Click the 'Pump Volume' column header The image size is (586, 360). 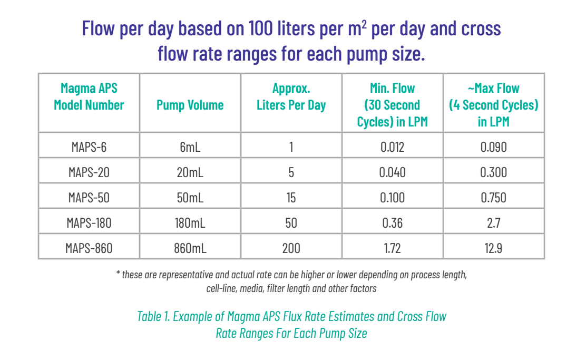(x=190, y=105)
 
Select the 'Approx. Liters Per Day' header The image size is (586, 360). (x=291, y=96)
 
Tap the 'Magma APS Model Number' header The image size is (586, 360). (x=89, y=96)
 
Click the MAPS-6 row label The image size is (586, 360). (x=89, y=147)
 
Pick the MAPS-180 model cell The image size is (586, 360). (x=89, y=223)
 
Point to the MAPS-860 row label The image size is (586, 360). (x=90, y=248)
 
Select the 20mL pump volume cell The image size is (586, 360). (x=190, y=172)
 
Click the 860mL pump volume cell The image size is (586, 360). (x=190, y=248)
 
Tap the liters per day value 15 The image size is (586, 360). (x=291, y=198)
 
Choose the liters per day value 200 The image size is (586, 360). (x=291, y=248)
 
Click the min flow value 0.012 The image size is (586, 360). (x=392, y=147)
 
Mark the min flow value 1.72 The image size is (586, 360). (x=392, y=248)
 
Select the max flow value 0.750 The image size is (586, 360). (x=493, y=198)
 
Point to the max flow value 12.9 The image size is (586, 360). (x=493, y=248)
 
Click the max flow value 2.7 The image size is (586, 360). (x=493, y=223)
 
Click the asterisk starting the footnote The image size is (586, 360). (x=118, y=275)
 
